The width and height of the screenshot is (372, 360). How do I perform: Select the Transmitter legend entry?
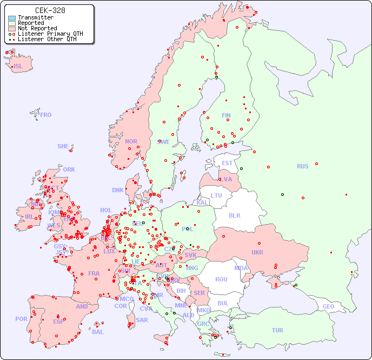pyautogui.click(x=35, y=18)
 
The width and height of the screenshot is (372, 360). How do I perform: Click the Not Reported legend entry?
pyautogui.click(x=37, y=28)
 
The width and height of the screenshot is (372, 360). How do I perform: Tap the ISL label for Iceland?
pyautogui.click(x=18, y=67)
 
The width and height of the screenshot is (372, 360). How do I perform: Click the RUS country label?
pyautogui.click(x=302, y=166)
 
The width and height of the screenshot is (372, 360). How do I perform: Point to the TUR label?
pyautogui.click(x=277, y=330)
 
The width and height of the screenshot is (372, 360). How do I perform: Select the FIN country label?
pyautogui.click(x=226, y=115)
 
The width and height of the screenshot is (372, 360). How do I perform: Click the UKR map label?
pyautogui.click(x=257, y=252)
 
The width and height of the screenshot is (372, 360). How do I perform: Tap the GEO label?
pyautogui.click(x=328, y=306)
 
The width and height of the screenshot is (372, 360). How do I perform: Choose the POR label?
pyautogui.click(x=21, y=319)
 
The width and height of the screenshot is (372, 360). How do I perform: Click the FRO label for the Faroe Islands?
pyautogui.click(x=45, y=115)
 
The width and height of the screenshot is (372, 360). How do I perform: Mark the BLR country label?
pyautogui.click(x=234, y=215)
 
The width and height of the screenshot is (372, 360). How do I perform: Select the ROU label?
pyautogui.click(x=221, y=279)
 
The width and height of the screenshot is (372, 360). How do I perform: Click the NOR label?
pyautogui.click(x=131, y=141)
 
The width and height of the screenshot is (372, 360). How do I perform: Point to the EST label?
pyautogui.click(x=227, y=163)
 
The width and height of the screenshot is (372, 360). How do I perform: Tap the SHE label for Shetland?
pyautogui.click(x=63, y=146)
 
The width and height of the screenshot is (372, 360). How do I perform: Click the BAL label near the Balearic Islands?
pyautogui.click(x=98, y=332)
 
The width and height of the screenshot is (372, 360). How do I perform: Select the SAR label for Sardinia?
pyautogui.click(x=142, y=320)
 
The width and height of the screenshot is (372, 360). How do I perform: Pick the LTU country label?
pyautogui.click(x=216, y=195)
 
